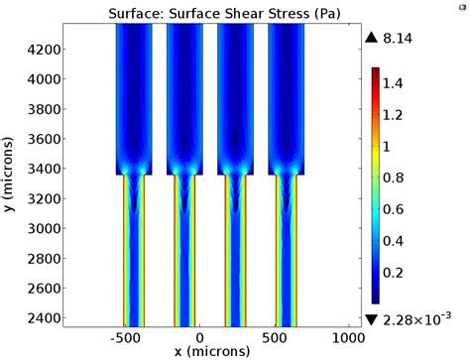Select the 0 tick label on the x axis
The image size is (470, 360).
coord(200,336)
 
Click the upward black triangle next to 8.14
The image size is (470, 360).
coord(372,38)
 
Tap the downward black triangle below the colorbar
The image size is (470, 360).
coord(372,318)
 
